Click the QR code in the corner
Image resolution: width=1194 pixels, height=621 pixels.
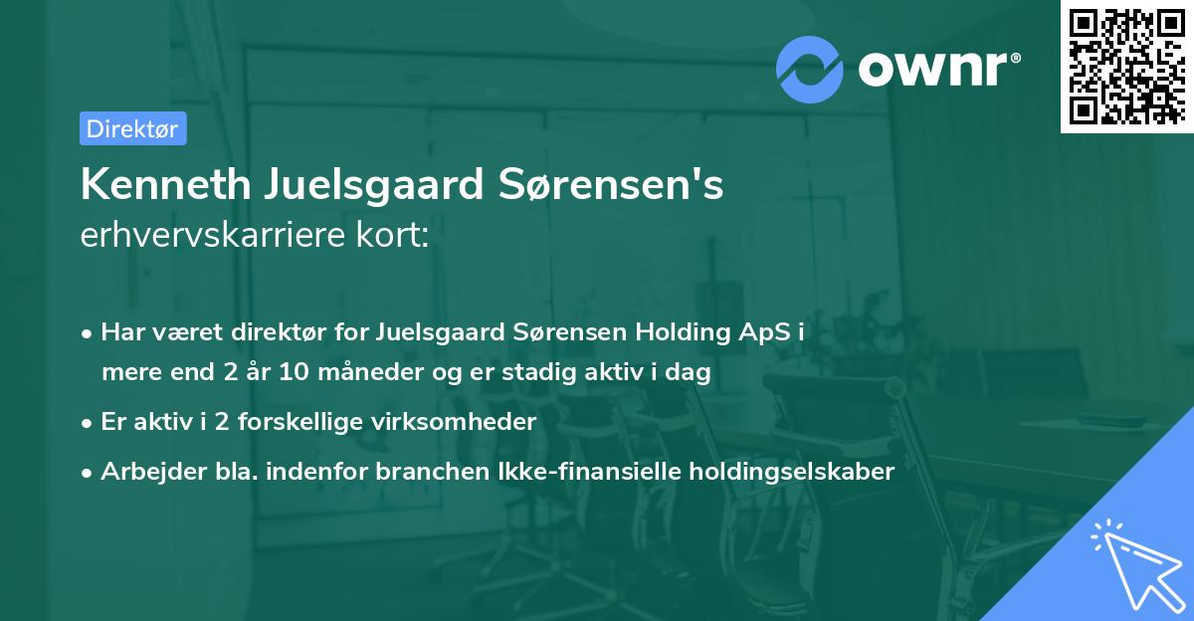(1127, 67)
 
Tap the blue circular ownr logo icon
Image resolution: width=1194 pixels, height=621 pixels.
(810, 70)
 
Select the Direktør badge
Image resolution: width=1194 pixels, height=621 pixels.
(132, 128)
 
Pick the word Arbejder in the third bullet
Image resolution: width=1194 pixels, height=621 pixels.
(145, 472)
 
